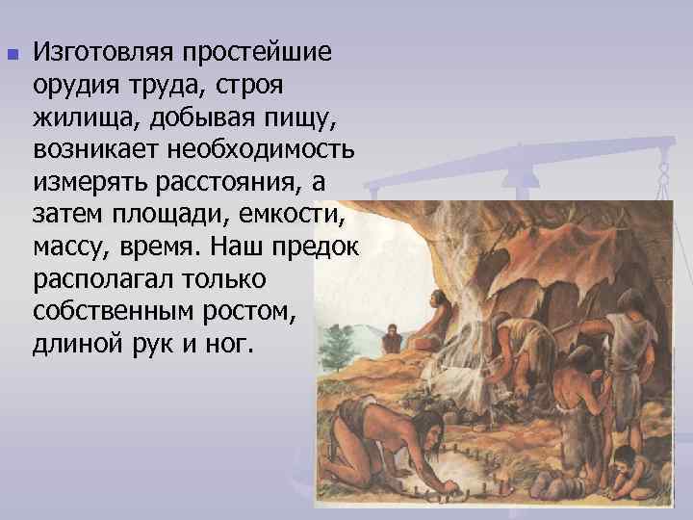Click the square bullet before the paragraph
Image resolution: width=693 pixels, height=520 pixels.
11,54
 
